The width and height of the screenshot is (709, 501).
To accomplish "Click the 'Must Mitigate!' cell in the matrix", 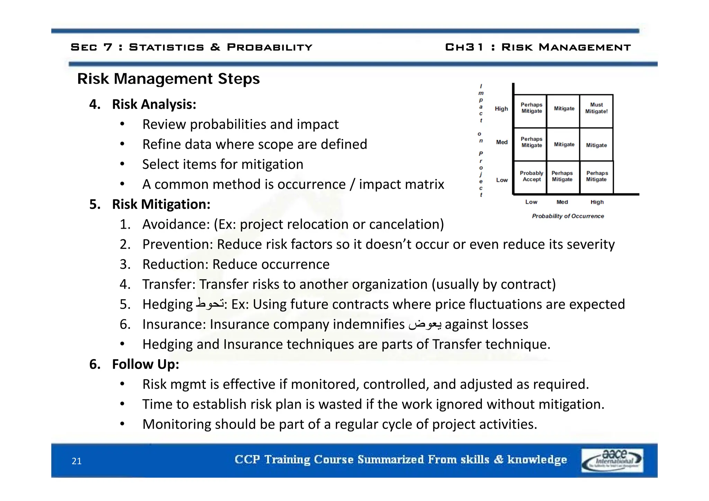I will click(x=596, y=108).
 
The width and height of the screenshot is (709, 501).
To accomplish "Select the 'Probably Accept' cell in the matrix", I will click(x=531, y=176).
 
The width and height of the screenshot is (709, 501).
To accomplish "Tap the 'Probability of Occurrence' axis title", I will click(x=568, y=216).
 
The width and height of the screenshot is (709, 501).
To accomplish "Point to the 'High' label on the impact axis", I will click(x=501, y=109).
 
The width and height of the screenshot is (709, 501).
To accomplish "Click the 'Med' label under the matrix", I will click(x=562, y=202).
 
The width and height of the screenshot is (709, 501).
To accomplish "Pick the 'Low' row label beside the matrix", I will click(x=502, y=180).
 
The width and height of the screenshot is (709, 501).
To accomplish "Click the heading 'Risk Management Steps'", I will click(x=168, y=79).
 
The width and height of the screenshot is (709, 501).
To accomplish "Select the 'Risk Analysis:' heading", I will click(x=154, y=104).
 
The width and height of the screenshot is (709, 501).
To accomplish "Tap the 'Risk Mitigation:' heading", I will click(x=161, y=204).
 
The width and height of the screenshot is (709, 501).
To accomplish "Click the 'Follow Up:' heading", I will click(x=145, y=364).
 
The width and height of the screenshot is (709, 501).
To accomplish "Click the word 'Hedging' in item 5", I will click(x=167, y=304).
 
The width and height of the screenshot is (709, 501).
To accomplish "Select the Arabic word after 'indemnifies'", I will click(x=425, y=325).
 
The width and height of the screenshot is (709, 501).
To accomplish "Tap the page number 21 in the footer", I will click(x=77, y=461).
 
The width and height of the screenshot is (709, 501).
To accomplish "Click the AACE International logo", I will click(x=612, y=460).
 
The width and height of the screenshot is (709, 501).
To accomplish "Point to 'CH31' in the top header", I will click(x=464, y=47).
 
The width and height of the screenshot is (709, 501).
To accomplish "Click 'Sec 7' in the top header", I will click(x=91, y=47).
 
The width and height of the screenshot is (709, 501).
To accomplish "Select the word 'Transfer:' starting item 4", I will click(x=169, y=284).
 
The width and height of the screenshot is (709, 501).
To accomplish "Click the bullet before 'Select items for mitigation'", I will click(x=122, y=164).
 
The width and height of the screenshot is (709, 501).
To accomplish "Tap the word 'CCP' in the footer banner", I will click(x=247, y=459).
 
